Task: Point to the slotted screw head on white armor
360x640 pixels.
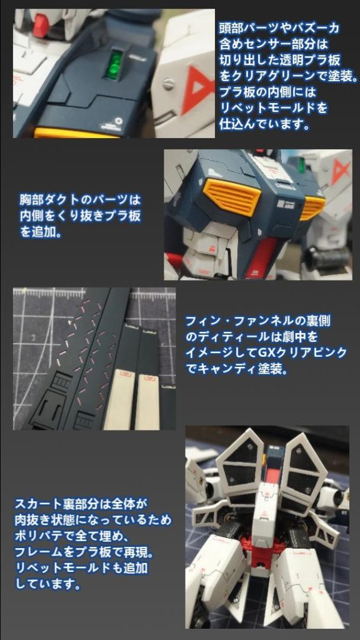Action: coord(167,84)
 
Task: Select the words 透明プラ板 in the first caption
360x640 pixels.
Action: coord(304,59)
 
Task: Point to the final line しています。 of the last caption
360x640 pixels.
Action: coord(47,584)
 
